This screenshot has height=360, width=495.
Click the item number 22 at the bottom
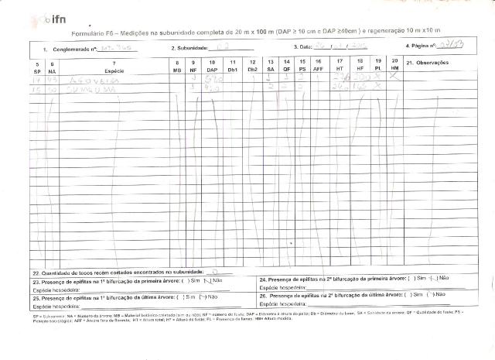pos(36,273)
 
